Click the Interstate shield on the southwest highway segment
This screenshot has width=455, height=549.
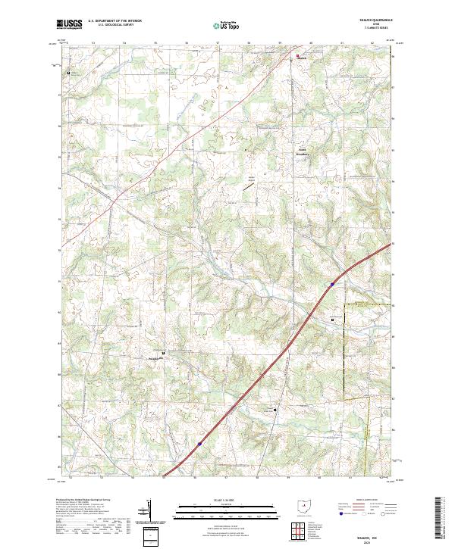point(199,445)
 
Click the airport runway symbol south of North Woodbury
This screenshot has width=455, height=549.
point(248,182)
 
